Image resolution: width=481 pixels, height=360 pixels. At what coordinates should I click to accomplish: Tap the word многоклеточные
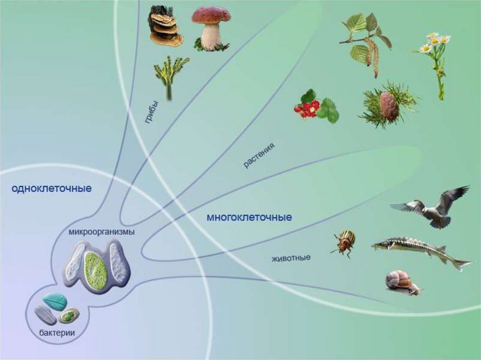249,218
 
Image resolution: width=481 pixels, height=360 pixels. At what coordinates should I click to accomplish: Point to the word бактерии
57,333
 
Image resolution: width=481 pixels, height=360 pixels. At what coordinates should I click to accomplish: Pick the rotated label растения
259,156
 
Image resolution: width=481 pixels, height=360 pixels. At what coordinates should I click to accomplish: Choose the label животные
291,258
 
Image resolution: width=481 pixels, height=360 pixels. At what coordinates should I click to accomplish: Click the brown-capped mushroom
211,28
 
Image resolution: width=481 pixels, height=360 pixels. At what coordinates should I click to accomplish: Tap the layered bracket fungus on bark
164,27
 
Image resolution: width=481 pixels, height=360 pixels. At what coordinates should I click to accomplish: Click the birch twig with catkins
366,42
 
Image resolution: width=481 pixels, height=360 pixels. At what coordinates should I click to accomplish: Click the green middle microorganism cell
95,269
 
